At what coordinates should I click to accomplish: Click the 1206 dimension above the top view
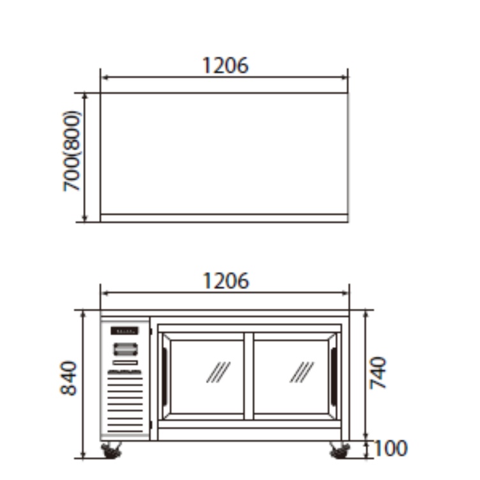pos(225,66)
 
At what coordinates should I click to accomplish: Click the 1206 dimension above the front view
pos(226,281)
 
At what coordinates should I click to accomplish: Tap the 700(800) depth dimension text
pos(72,151)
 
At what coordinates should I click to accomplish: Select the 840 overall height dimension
pos(68,379)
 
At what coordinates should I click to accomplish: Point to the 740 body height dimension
pos(379,373)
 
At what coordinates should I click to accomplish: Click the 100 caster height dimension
pos(391,449)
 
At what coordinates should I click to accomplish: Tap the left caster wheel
pos(111,451)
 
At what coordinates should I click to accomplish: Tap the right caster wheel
pos(340,451)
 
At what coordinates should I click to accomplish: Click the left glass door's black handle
pos(165,375)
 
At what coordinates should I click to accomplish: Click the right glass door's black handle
pos(334,375)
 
